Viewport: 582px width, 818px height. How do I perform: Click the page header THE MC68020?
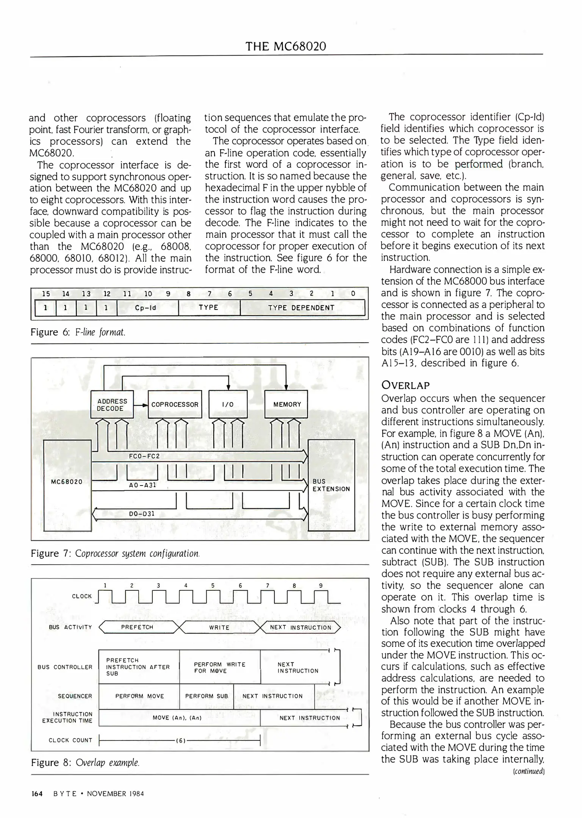coord(286,46)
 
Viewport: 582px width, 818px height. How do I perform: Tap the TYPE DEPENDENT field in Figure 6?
coord(302,308)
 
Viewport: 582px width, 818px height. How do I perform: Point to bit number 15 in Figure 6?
coord(46,293)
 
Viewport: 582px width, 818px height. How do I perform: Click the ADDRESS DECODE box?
coord(112,404)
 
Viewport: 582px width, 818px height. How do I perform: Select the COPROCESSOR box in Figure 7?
coord(175,404)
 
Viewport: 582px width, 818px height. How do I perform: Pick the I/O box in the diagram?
coord(228,404)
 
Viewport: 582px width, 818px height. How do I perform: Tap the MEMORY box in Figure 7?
coord(287,404)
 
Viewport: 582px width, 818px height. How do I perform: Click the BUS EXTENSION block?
coord(331,485)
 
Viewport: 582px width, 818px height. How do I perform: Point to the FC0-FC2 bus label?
coord(144,456)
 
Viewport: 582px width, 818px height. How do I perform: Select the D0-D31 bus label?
coord(142,514)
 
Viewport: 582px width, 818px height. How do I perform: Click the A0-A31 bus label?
coord(143,485)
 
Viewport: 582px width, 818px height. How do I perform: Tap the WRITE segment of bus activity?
coord(219,628)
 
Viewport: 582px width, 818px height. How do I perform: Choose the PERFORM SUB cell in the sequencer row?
coord(207,696)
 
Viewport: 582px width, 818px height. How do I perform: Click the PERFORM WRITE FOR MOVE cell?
coord(220,667)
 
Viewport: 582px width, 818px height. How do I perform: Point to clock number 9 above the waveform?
coord(321,585)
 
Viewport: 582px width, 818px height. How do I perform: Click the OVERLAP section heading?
coord(405,386)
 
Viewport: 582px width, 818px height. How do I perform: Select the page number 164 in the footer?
coord(37,793)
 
